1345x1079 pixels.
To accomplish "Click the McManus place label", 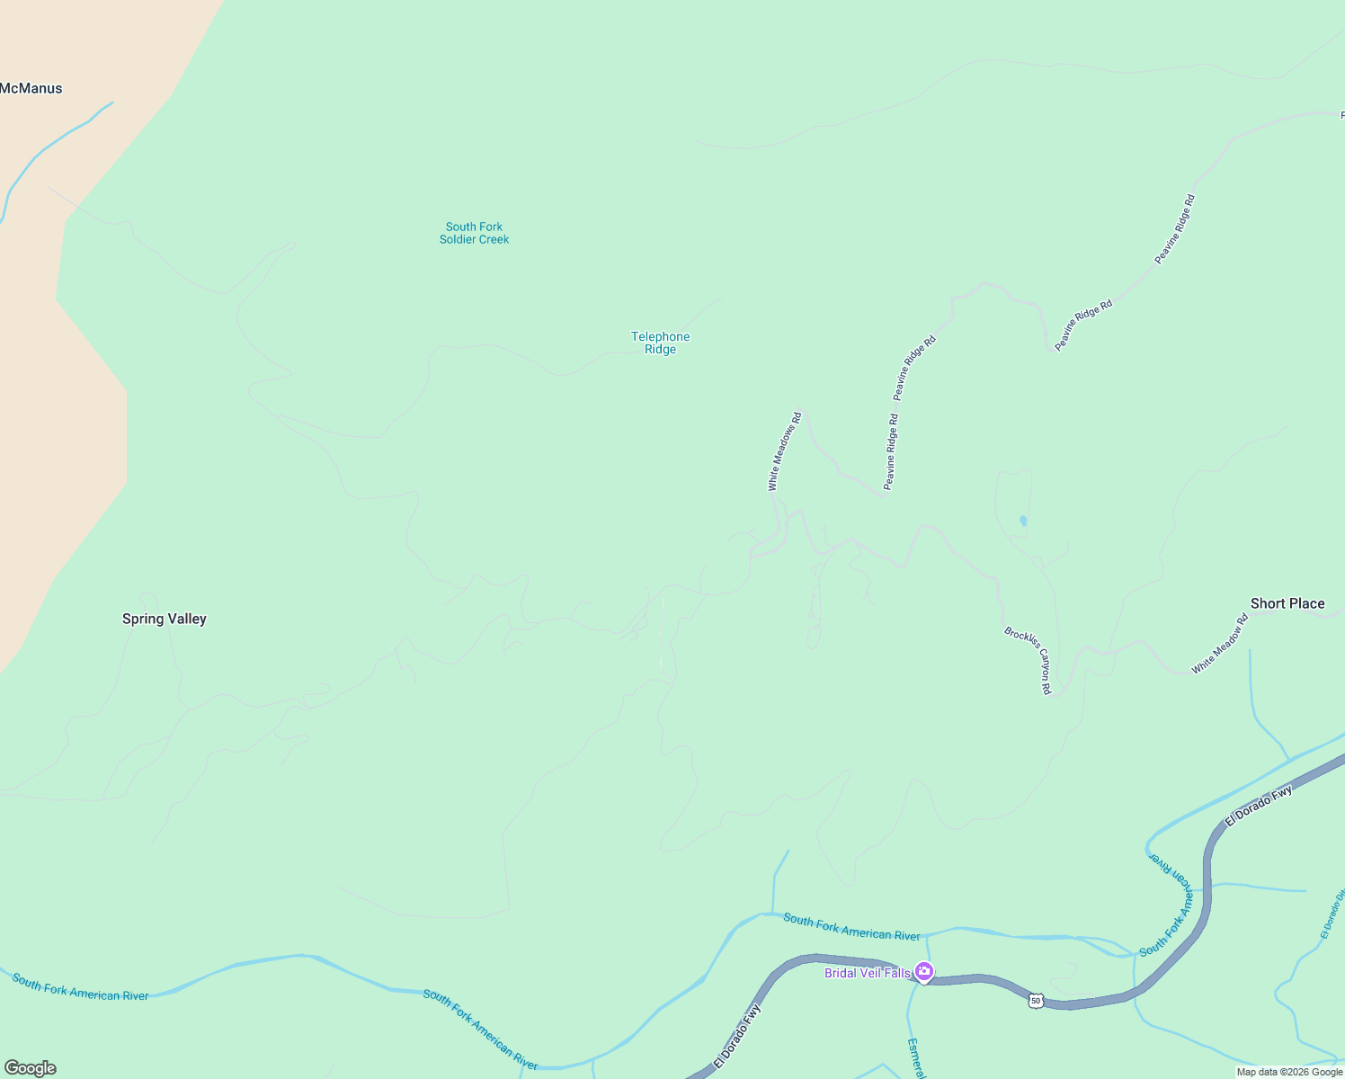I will click(x=31, y=88).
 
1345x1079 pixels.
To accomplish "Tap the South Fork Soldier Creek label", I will click(x=474, y=233).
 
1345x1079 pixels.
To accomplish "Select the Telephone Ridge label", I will click(x=660, y=343).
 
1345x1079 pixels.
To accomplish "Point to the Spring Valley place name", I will click(x=165, y=619).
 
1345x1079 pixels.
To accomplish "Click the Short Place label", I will click(x=1287, y=603).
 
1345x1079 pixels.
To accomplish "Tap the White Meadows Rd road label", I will click(x=784, y=451).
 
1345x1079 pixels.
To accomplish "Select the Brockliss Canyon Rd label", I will click(x=1029, y=661).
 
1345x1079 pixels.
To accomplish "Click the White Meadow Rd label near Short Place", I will click(x=1220, y=644).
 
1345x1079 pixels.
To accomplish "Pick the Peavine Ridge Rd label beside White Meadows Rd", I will click(x=890, y=451).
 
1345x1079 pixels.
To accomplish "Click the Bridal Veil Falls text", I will click(x=867, y=973).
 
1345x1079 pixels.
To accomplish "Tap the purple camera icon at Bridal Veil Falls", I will click(x=923, y=972).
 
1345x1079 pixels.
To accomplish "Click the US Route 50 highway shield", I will click(x=1036, y=1001).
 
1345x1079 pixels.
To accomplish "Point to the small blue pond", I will click(x=1023, y=521).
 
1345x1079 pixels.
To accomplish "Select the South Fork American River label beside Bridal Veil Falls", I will click(x=851, y=927).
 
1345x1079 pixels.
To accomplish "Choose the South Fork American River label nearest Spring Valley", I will click(x=80, y=986).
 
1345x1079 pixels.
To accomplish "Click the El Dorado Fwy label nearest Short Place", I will click(x=1259, y=806).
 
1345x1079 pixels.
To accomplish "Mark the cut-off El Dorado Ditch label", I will click(x=1332, y=914).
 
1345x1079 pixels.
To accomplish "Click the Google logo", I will click(x=30, y=1067).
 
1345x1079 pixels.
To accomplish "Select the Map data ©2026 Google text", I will click(x=1289, y=1072).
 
